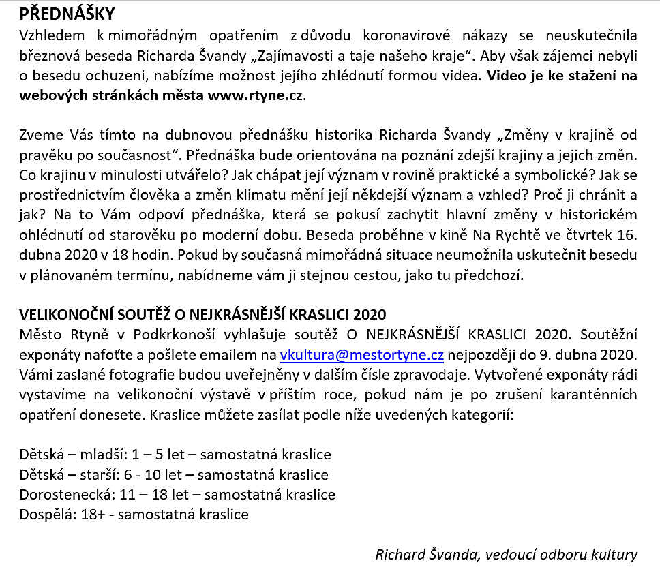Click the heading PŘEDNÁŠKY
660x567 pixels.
click(x=67, y=13)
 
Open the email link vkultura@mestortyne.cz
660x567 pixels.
click(x=362, y=355)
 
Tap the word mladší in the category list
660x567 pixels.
click(x=102, y=455)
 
